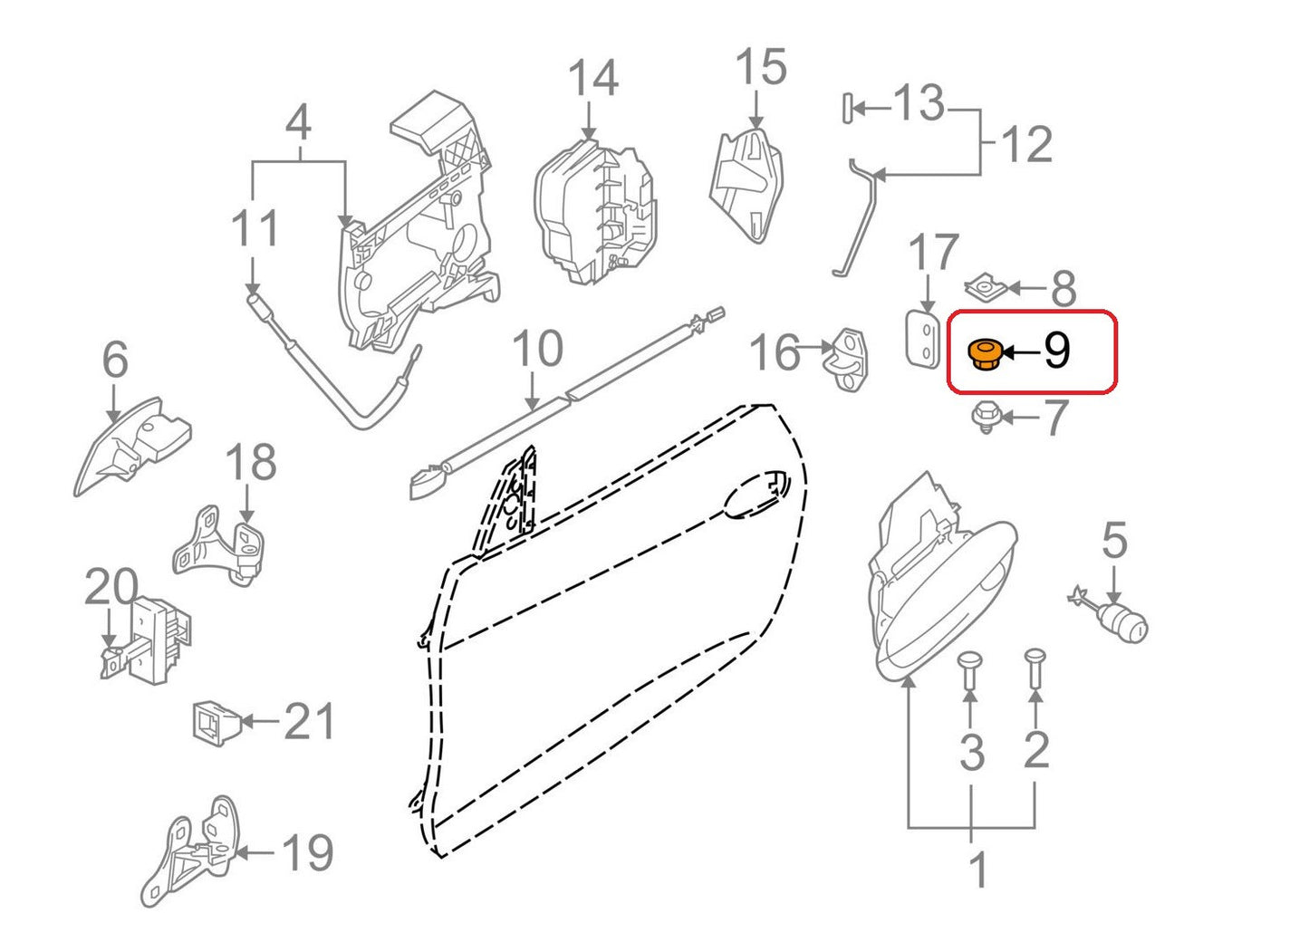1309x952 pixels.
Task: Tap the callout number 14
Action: pyautogui.click(x=592, y=78)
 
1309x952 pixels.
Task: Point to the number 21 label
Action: pyautogui.click(x=309, y=721)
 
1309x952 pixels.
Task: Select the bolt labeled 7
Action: pyautogui.click(x=987, y=418)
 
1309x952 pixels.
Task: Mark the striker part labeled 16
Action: pyautogui.click(x=845, y=358)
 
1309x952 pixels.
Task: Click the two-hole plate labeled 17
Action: pyautogui.click(x=921, y=340)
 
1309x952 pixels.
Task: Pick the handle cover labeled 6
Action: pyautogui.click(x=133, y=446)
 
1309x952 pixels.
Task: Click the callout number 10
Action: pyautogui.click(x=537, y=349)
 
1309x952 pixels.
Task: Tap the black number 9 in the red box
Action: pyautogui.click(x=1057, y=351)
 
